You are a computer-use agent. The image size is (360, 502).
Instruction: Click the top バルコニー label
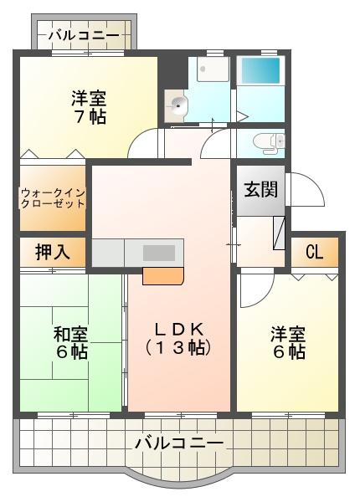pos(83,35)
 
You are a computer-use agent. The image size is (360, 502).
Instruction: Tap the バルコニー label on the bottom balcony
pos(178,443)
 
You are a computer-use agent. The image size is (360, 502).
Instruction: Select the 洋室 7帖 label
pos(88,107)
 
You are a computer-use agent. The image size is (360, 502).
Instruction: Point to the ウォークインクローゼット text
pos(53,197)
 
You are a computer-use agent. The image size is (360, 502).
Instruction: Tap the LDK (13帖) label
pos(177,336)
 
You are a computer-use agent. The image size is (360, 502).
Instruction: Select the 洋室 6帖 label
pos(287,343)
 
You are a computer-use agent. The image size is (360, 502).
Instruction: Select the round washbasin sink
pos(177,105)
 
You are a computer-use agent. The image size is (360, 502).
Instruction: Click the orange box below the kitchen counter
pos(162,276)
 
